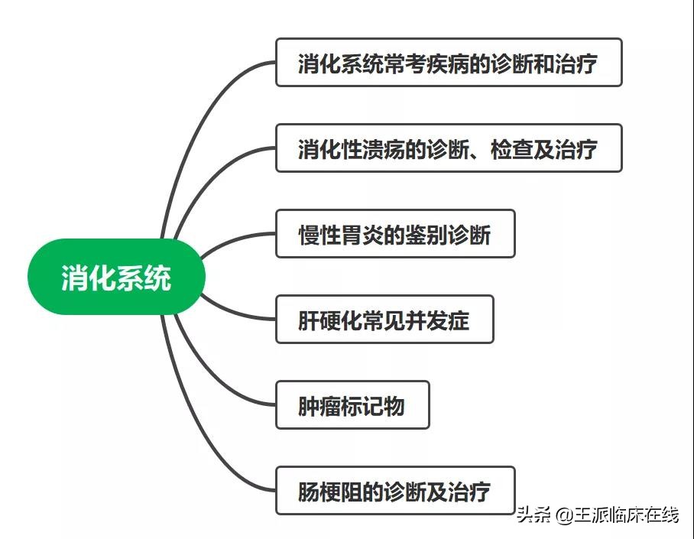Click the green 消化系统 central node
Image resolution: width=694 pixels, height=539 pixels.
116,277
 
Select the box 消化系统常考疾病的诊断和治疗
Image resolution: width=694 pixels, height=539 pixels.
448,63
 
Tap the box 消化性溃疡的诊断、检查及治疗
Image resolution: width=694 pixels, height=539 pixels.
448,148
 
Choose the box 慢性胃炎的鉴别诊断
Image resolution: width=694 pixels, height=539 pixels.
394,234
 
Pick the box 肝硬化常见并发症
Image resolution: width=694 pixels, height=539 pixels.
384,320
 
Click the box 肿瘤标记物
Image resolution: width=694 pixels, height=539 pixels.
352,405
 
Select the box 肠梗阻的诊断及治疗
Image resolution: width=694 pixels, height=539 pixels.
394,491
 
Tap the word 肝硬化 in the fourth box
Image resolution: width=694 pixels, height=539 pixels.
330,320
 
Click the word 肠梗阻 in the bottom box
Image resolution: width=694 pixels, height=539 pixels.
330,491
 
